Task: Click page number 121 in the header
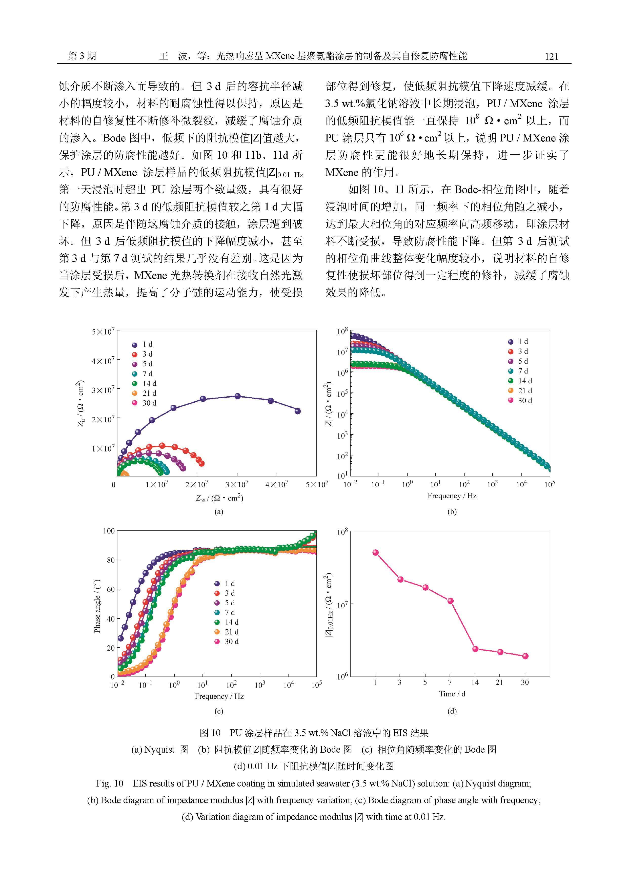click(551, 56)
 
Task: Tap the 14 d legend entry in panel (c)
click(226, 622)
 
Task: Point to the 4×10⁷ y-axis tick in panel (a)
click(103, 361)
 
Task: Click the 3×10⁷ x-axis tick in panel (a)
click(237, 484)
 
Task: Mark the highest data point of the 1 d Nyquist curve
click(238, 396)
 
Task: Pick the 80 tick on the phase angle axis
click(110, 560)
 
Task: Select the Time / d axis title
click(452, 694)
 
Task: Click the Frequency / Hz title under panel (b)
click(452, 496)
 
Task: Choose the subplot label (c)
click(219, 711)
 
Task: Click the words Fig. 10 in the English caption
click(110, 783)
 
